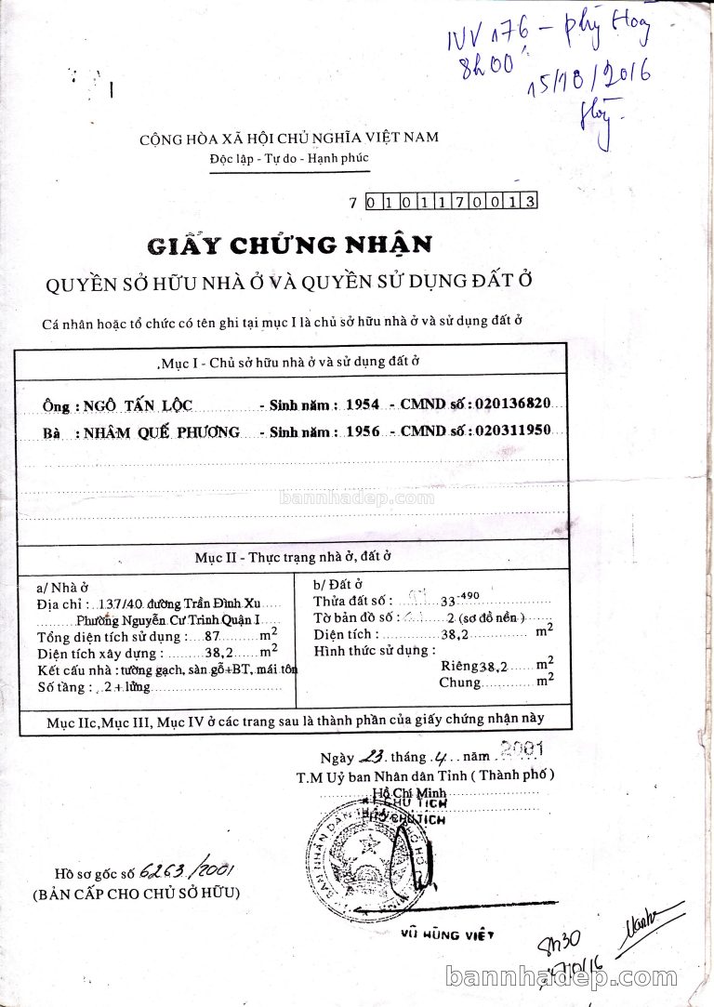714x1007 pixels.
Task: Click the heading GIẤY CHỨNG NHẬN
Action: tap(289, 245)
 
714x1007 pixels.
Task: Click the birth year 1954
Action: tap(362, 404)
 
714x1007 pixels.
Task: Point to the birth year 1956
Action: tap(362, 431)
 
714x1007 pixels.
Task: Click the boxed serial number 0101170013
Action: tap(452, 201)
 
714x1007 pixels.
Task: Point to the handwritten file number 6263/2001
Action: tap(185, 871)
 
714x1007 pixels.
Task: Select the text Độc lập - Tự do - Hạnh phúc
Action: tap(289, 158)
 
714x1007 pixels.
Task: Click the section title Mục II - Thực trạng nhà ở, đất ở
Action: tap(293, 557)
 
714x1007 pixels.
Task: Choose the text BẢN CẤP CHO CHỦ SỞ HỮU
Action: tap(136, 894)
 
